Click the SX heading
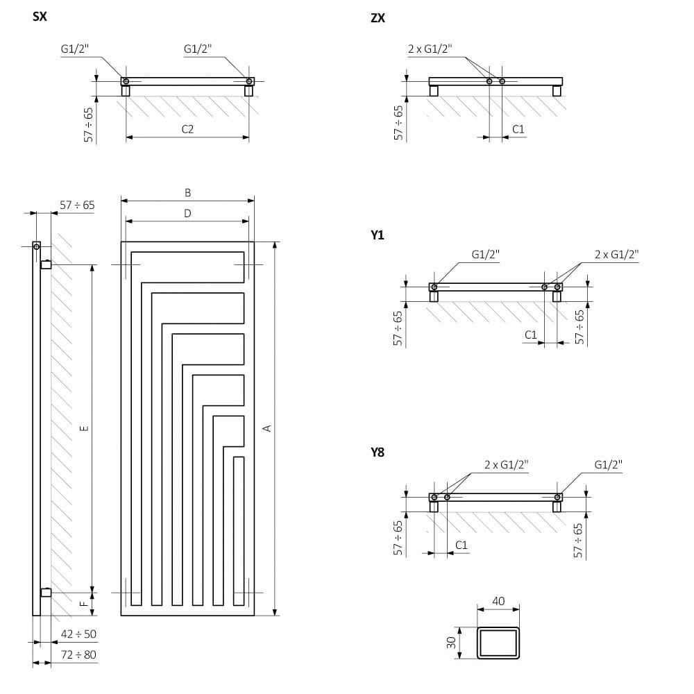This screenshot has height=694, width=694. tap(40, 17)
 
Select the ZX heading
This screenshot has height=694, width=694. tap(378, 18)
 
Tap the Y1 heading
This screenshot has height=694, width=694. tap(378, 235)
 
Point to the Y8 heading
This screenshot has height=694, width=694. tap(378, 452)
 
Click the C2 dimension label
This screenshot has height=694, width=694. tap(187, 129)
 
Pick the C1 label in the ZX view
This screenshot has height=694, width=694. tap(518, 129)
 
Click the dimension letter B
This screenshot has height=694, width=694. tap(187, 193)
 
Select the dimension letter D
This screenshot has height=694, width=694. tap(187, 214)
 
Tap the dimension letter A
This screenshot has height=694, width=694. tap(267, 428)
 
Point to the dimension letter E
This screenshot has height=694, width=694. tap(84, 428)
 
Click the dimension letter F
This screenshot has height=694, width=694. tap(84, 604)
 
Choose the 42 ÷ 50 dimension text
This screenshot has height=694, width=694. tap(78, 634)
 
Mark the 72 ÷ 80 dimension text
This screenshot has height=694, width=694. tap(78, 654)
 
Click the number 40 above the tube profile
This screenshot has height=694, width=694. tap(498, 601)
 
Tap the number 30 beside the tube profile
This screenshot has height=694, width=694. tap(450, 643)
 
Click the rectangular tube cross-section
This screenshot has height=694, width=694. tap(498, 643)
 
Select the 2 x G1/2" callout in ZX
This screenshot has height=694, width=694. tap(430, 49)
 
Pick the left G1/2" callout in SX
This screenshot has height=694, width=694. tap(74, 49)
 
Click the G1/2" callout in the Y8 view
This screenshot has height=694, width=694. tap(608, 464)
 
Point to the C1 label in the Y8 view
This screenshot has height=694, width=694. tap(461, 545)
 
